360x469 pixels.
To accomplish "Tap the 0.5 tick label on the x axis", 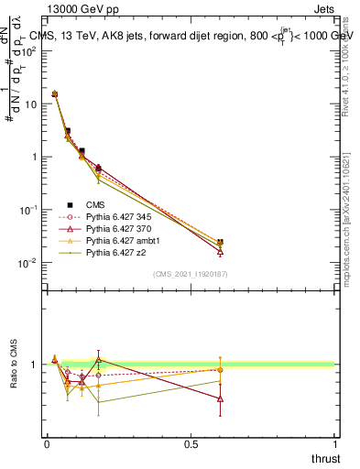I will click(191, 443).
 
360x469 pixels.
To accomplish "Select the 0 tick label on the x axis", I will click(47, 443).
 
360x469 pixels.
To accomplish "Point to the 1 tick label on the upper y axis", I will click(34, 157).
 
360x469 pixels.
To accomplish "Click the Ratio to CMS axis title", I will click(15, 365).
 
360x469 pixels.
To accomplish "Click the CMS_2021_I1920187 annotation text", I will click(190, 274).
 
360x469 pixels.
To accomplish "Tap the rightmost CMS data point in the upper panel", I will click(220, 243).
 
